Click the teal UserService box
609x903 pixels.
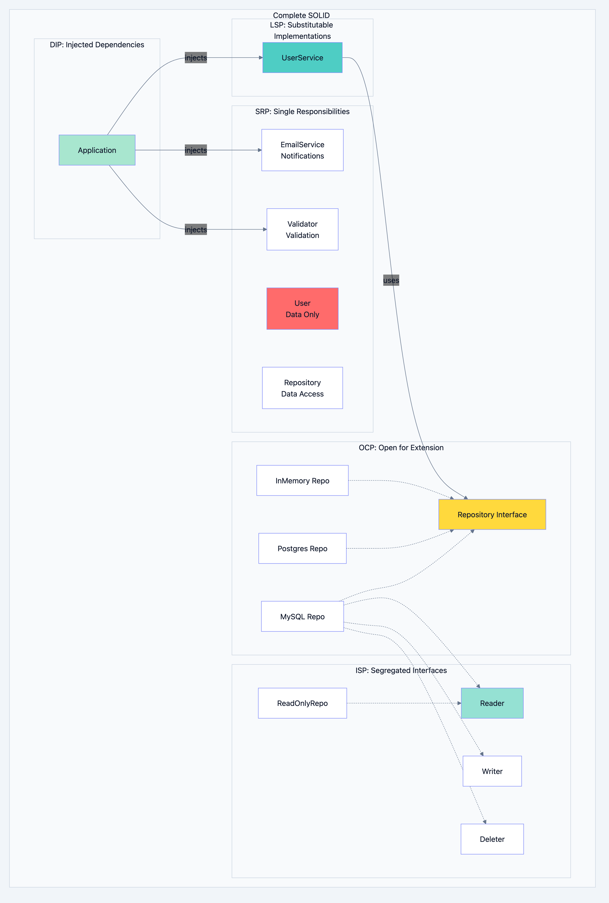pos(302,57)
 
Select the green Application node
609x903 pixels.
pos(97,150)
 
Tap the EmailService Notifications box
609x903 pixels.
pos(302,150)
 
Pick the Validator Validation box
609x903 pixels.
pos(302,229)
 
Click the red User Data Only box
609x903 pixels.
pos(302,309)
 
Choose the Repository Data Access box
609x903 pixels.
pos(302,388)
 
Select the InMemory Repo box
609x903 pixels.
pos(302,481)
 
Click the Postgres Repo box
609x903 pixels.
pos(302,548)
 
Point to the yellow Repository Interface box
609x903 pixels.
pos(492,514)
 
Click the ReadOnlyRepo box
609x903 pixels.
pos(302,703)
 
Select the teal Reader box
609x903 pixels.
pos(492,703)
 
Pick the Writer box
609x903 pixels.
pos(492,771)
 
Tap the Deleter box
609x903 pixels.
pos(492,839)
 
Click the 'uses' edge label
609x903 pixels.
pos(391,280)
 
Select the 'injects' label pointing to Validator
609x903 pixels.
pos(196,229)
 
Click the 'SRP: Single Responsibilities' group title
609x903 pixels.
pos(302,111)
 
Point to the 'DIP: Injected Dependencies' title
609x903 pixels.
pos(97,45)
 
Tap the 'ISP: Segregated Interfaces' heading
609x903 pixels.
pos(401,670)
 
